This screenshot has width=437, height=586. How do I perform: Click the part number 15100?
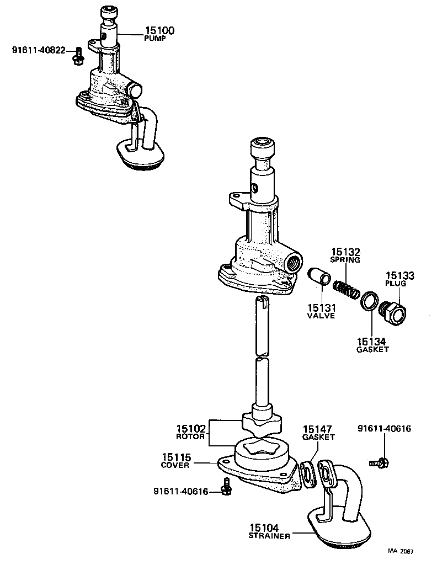point(156,31)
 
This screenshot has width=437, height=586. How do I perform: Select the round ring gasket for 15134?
point(369,303)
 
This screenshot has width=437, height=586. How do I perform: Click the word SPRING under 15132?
point(345,259)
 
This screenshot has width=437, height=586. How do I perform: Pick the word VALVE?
point(321,316)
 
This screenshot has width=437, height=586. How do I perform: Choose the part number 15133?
point(399,275)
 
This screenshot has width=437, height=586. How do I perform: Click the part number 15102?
point(190,428)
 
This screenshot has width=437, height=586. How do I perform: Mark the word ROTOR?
point(190,436)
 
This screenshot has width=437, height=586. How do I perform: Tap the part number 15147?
point(318,428)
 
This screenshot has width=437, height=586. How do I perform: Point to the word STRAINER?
point(269,536)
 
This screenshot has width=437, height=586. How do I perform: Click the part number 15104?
point(269,528)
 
